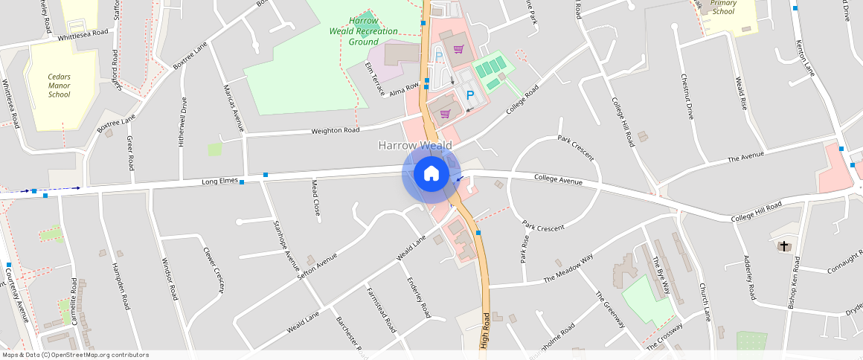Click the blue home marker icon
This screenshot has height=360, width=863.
pos(431,174)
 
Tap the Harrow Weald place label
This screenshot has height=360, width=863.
pos(415,145)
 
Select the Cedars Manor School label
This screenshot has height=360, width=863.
pos(60,86)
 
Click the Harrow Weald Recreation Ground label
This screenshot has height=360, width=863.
pos(363,31)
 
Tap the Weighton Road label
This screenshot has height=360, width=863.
pos(335,131)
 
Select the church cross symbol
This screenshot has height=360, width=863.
pos(783,245)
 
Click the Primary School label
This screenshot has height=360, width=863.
pos(723,7)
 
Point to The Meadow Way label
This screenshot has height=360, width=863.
pos(568,269)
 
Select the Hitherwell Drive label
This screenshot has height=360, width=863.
pos(183,122)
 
